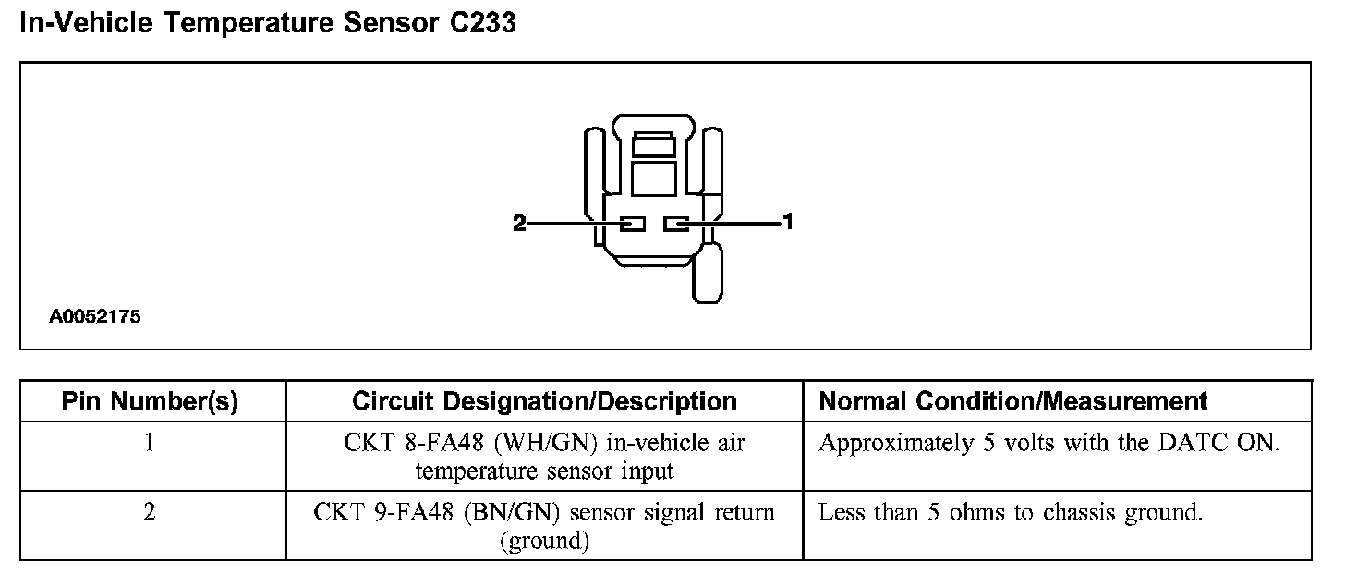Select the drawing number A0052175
click(95, 316)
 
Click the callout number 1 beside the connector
click(788, 222)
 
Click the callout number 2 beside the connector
click(519, 223)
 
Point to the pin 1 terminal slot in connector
click(677, 224)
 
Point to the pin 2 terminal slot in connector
click(632, 224)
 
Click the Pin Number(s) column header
click(150, 401)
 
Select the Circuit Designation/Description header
click(544, 401)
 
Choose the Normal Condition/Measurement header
click(1013, 401)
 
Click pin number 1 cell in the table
click(150, 443)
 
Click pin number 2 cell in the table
click(150, 512)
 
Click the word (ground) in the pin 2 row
click(544, 541)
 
